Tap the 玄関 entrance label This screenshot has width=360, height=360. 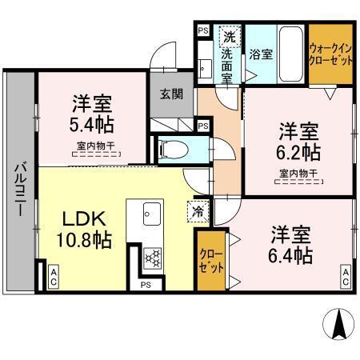pos(171,94)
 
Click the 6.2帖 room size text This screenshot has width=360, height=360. pos(299,152)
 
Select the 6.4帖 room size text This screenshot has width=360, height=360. pos(290,255)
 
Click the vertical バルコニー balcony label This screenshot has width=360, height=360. pos(17,193)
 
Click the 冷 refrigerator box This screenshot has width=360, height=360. pos(197,211)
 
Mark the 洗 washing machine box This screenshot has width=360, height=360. pos(230,36)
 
